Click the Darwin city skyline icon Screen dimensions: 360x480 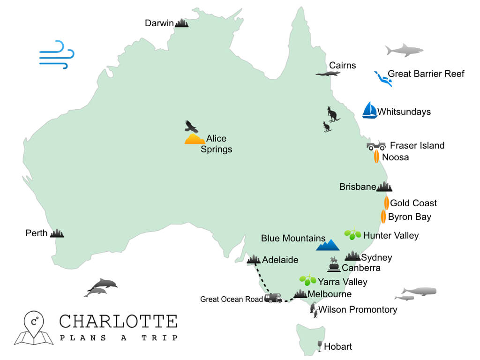[x=182, y=23]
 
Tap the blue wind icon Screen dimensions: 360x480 [x=56, y=54]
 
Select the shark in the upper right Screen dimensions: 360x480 [x=404, y=50]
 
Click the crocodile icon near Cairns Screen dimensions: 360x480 [x=328, y=74]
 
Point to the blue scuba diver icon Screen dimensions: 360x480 [x=383, y=78]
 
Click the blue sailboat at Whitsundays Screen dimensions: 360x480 [x=369, y=110]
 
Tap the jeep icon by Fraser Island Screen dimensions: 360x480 [x=376, y=146]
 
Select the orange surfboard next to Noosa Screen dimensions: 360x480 [x=376, y=157]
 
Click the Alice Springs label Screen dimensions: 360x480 [x=216, y=144]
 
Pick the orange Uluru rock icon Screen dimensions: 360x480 [x=195, y=139]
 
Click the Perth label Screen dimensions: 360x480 [x=37, y=233]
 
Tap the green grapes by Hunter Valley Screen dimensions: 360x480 [x=352, y=234]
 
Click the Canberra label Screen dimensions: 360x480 [x=361, y=268]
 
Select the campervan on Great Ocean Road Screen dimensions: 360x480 [x=273, y=298]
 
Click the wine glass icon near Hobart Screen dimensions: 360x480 [x=320, y=346]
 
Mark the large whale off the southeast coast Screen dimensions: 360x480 [x=419, y=291]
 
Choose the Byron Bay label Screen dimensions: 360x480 [x=409, y=217]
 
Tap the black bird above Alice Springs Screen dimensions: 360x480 [x=191, y=126]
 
